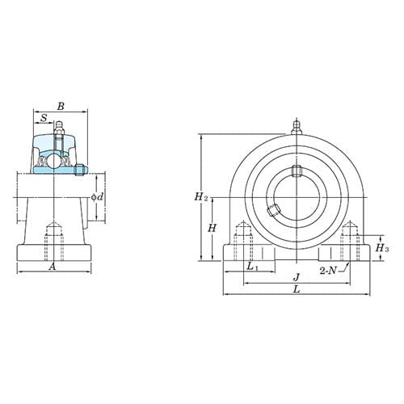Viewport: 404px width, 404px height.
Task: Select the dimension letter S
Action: [43, 118]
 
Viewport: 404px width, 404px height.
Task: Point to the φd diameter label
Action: [97, 196]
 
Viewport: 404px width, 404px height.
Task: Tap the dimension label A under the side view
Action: [53, 267]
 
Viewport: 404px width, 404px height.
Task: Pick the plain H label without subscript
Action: [211, 229]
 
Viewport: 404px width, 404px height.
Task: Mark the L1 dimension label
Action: [251, 266]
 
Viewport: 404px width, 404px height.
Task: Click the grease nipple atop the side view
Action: [59, 128]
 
